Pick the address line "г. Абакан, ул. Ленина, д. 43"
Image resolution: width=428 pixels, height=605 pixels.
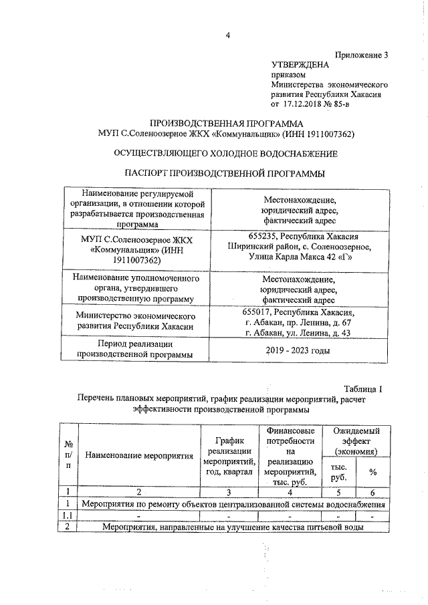click(298, 333)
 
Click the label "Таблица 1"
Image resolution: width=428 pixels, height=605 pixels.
click(362, 389)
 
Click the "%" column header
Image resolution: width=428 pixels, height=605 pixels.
click(372, 472)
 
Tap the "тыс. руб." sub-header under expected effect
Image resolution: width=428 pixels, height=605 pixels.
click(338, 472)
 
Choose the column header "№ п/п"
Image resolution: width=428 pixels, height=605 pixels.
click(68, 455)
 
